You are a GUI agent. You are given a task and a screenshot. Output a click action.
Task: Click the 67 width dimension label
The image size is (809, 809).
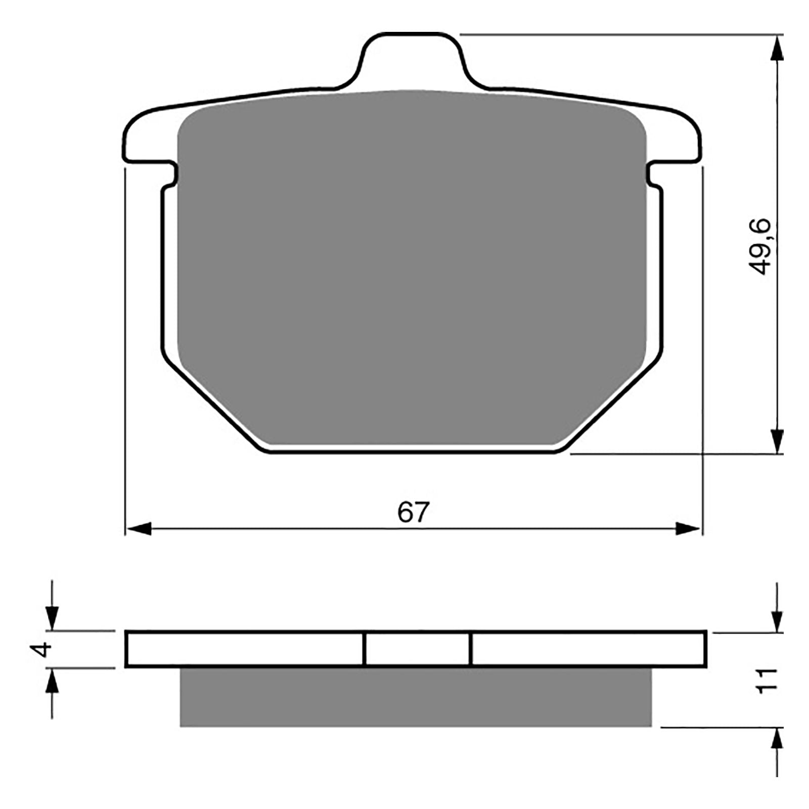click(413, 512)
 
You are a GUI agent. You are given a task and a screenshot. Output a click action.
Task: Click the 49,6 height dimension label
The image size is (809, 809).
click(760, 246)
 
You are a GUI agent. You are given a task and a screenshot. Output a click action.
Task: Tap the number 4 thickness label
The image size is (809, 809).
click(44, 649)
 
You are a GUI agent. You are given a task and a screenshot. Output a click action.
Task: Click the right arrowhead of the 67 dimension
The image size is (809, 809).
click(689, 529)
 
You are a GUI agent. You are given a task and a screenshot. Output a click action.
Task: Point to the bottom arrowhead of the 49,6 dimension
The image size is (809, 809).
click(778, 440)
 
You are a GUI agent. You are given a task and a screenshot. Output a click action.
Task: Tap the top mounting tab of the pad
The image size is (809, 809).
click(411, 61)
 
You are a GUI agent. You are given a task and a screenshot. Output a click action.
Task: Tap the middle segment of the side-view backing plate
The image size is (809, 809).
click(417, 649)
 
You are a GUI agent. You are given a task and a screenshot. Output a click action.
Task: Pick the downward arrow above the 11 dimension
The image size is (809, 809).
click(778, 619)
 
